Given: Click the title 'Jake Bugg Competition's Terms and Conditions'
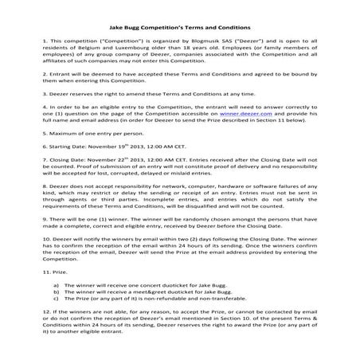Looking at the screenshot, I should (x=180, y=17).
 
